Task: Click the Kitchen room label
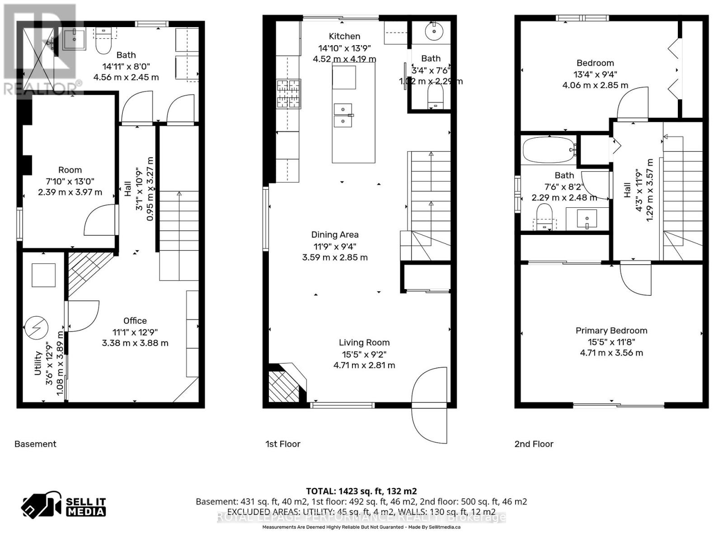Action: coord(344,37)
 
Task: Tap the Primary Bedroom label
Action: coord(611,331)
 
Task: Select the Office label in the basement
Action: coord(135,321)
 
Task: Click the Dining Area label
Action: coord(334,235)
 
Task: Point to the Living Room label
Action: coord(364,343)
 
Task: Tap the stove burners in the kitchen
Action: coord(288,94)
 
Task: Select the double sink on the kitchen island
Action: coord(343,115)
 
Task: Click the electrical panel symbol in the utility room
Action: coord(36,328)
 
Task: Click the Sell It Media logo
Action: coord(64,506)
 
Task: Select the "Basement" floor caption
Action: coord(35,444)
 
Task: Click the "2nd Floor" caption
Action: coord(534,444)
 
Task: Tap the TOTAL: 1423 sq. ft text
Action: coord(361,491)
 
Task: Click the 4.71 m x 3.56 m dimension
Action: coord(611,353)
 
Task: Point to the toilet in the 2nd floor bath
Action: coord(544,217)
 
